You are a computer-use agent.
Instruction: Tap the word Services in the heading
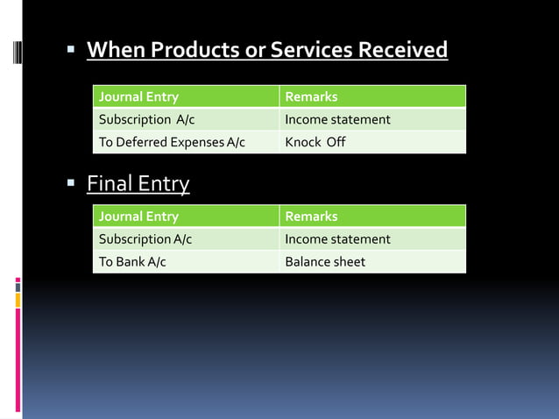point(310,50)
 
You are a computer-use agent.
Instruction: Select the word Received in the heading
point(401,50)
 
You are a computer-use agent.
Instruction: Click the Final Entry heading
point(138,184)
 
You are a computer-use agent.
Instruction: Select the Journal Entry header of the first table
point(138,96)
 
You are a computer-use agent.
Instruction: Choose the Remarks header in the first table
point(311,96)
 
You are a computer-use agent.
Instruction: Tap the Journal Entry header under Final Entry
point(138,216)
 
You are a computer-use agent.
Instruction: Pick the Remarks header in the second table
point(311,216)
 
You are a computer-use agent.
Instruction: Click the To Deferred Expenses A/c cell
point(172,142)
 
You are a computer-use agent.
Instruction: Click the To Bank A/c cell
point(132,261)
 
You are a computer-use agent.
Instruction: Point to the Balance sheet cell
point(325,261)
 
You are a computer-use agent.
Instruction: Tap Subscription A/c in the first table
point(146,119)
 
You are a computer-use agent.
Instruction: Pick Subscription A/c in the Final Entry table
point(145,238)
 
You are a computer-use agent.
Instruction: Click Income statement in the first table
point(337,119)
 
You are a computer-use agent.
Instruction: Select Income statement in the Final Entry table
point(337,238)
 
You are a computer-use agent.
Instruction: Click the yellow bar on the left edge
point(18,300)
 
